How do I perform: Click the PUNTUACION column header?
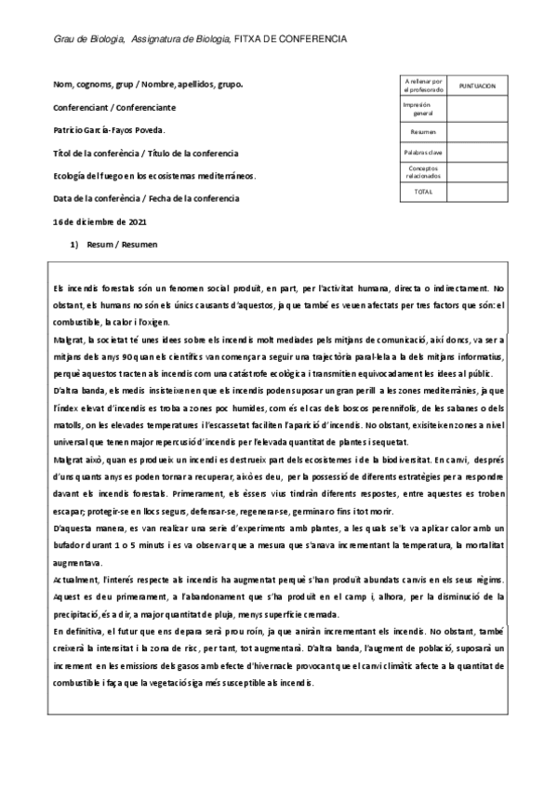477,86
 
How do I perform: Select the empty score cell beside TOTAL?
477,191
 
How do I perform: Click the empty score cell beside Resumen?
477,132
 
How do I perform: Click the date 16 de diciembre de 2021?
100,221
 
